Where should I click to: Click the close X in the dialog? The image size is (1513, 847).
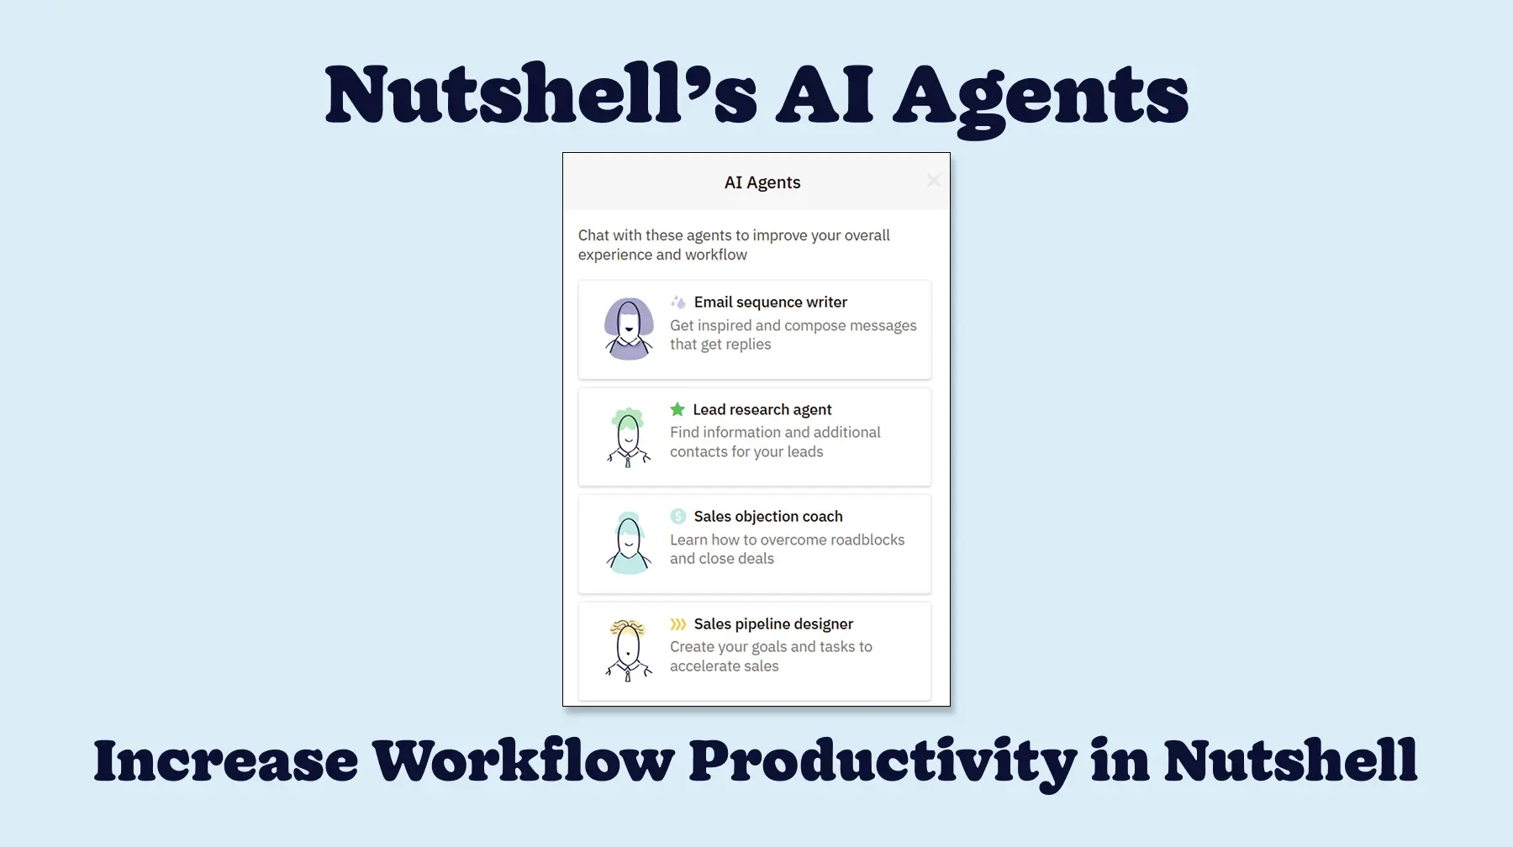(933, 181)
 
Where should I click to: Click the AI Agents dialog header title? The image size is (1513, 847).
(762, 182)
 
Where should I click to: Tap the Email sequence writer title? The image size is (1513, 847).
(770, 302)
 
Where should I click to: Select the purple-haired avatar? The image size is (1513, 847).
(629, 329)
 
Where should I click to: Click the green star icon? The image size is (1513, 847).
(677, 409)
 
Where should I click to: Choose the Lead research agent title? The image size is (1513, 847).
(762, 409)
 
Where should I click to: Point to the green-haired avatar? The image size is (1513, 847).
(629, 436)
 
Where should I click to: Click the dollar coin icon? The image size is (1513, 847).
(678, 516)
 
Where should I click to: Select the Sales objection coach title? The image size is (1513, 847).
(767, 516)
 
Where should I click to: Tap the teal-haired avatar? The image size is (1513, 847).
(629, 543)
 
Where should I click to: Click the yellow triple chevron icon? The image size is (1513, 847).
(677, 623)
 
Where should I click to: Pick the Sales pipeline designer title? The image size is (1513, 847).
(773, 623)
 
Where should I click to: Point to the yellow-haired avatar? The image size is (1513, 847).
(629, 650)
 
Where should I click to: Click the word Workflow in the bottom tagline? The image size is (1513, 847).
(523, 760)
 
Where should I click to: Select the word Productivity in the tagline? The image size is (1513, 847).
(883, 760)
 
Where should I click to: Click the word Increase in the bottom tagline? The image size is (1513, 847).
(225, 760)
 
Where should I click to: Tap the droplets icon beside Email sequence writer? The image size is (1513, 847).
(678, 302)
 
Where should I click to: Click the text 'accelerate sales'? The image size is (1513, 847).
(724, 665)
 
